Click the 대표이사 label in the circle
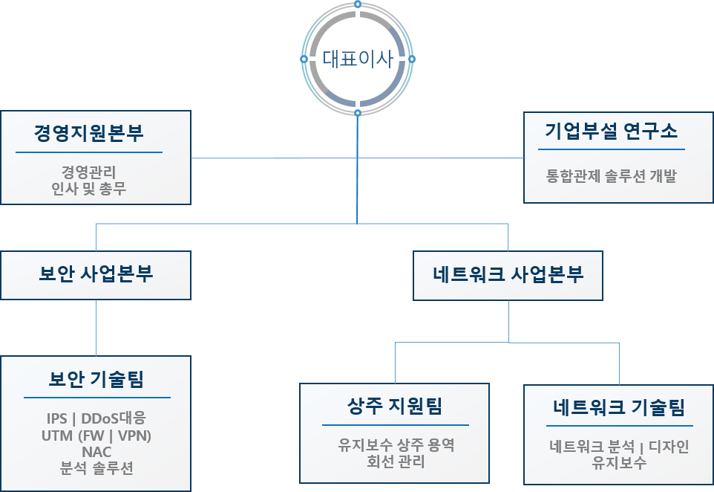pos(358,59)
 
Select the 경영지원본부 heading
pos(89,134)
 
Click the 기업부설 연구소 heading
pos(612,132)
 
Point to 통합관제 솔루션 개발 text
pos(612,177)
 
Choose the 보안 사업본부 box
pos(96,274)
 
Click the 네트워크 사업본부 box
pos(508,275)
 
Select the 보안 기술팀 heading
pos(96,380)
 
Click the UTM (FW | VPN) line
pos(96,435)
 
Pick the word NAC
pos(96,451)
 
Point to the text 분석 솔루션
pos(96,468)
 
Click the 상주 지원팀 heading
pos(395,406)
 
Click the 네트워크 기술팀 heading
pos(619,407)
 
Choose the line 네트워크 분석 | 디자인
pos(619,447)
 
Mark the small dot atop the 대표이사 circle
pos(358,4)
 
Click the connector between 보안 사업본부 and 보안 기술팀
pos(96,327)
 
